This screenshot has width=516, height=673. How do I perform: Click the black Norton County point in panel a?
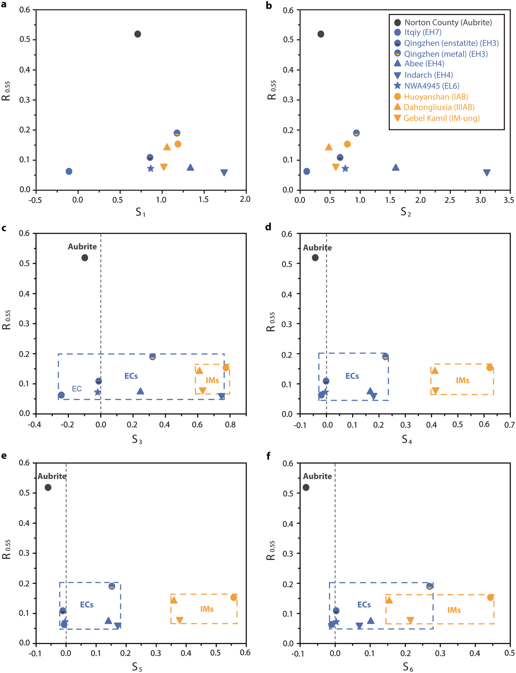click(138, 34)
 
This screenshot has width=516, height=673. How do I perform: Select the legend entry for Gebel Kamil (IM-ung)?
click(442, 118)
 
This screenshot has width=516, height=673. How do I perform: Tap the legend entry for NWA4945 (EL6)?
click(432, 86)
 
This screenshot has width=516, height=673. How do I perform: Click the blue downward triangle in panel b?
click(486, 172)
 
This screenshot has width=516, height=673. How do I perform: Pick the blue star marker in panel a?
click(150, 169)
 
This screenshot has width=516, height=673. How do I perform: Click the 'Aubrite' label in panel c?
click(82, 246)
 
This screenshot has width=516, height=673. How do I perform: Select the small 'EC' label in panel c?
click(77, 389)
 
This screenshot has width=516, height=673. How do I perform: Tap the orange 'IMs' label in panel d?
click(462, 380)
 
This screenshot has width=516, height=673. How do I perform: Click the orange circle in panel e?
click(233, 597)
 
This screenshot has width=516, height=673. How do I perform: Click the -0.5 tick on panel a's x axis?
click(36, 200)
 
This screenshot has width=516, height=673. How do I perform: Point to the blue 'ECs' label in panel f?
click(364, 605)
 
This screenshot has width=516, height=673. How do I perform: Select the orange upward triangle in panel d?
click(435, 370)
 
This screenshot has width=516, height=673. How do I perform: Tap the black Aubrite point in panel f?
click(306, 487)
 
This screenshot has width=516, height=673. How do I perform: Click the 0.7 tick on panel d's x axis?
click(510, 425)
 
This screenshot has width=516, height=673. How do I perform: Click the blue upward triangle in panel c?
click(140, 391)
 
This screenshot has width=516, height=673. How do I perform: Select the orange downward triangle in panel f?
click(410, 620)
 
